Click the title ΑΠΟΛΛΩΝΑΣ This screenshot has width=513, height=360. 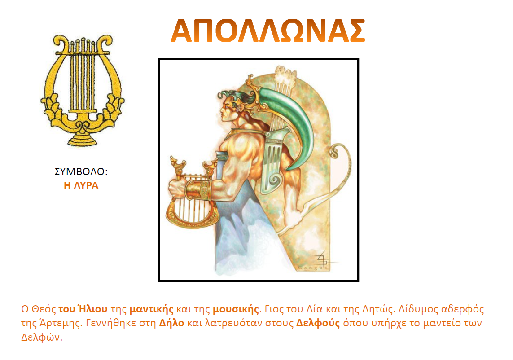click(x=267, y=31)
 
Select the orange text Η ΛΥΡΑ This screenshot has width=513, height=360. click(x=81, y=185)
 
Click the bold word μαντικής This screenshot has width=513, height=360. click(x=152, y=309)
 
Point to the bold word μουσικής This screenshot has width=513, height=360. click(x=236, y=309)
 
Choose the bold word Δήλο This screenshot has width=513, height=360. click(x=171, y=323)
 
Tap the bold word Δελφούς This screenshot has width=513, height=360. click(x=318, y=323)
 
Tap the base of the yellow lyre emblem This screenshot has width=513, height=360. click(x=82, y=138)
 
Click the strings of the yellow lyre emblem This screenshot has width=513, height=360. click(x=82, y=79)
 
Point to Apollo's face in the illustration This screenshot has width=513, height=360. click(x=227, y=110)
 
